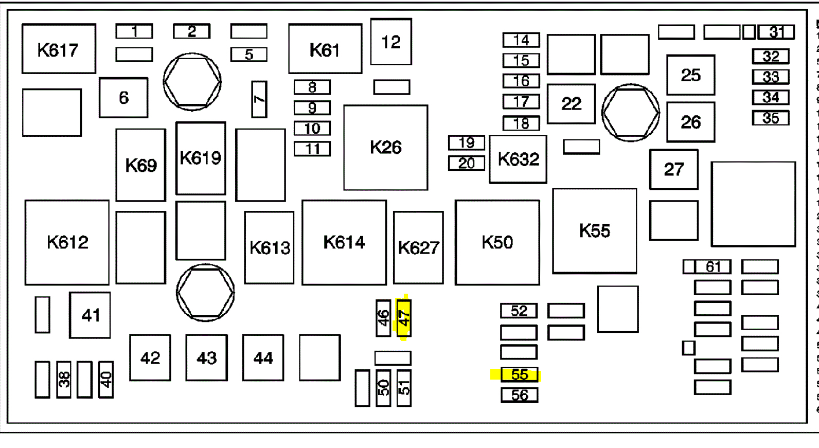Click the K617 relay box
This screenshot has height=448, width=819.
coord(59,49)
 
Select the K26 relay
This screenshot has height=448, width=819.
coord(385,148)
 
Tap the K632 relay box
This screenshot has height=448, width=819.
coord(518,159)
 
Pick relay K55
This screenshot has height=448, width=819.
coord(594,231)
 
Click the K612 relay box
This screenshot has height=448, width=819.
coord(67,242)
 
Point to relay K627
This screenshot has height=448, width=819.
coord(418,247)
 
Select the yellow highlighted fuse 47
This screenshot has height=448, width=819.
coord(404,318)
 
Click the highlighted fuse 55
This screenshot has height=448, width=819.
coord(519,374)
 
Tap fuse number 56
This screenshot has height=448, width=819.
coord(519,395)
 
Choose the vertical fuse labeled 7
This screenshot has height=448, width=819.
coord(259,99)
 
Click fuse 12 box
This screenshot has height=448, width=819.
coord(391,42)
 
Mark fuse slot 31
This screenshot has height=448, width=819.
coord(776,32)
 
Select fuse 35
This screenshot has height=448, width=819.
coord(770,118)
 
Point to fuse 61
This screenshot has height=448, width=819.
coord(713,266)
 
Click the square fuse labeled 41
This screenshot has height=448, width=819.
coord(90,315)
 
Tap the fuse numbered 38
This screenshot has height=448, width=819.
coord(64,380)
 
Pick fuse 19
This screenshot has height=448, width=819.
coord(466,142)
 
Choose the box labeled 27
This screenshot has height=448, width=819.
coord(673,170)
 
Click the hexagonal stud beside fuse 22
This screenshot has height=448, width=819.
coord(630,113)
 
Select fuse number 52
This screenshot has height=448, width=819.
coord(519,311)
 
